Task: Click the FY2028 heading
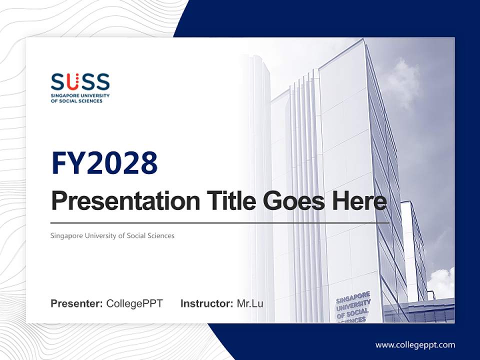104,163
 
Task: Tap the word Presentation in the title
118,201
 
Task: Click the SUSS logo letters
80,81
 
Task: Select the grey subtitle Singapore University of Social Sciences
112,235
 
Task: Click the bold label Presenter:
77,303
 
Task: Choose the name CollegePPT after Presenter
134,303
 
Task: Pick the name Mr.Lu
250,303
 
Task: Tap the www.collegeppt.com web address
415,344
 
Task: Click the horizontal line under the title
220,223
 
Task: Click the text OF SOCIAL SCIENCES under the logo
76,100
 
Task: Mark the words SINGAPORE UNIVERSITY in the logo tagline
80,95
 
